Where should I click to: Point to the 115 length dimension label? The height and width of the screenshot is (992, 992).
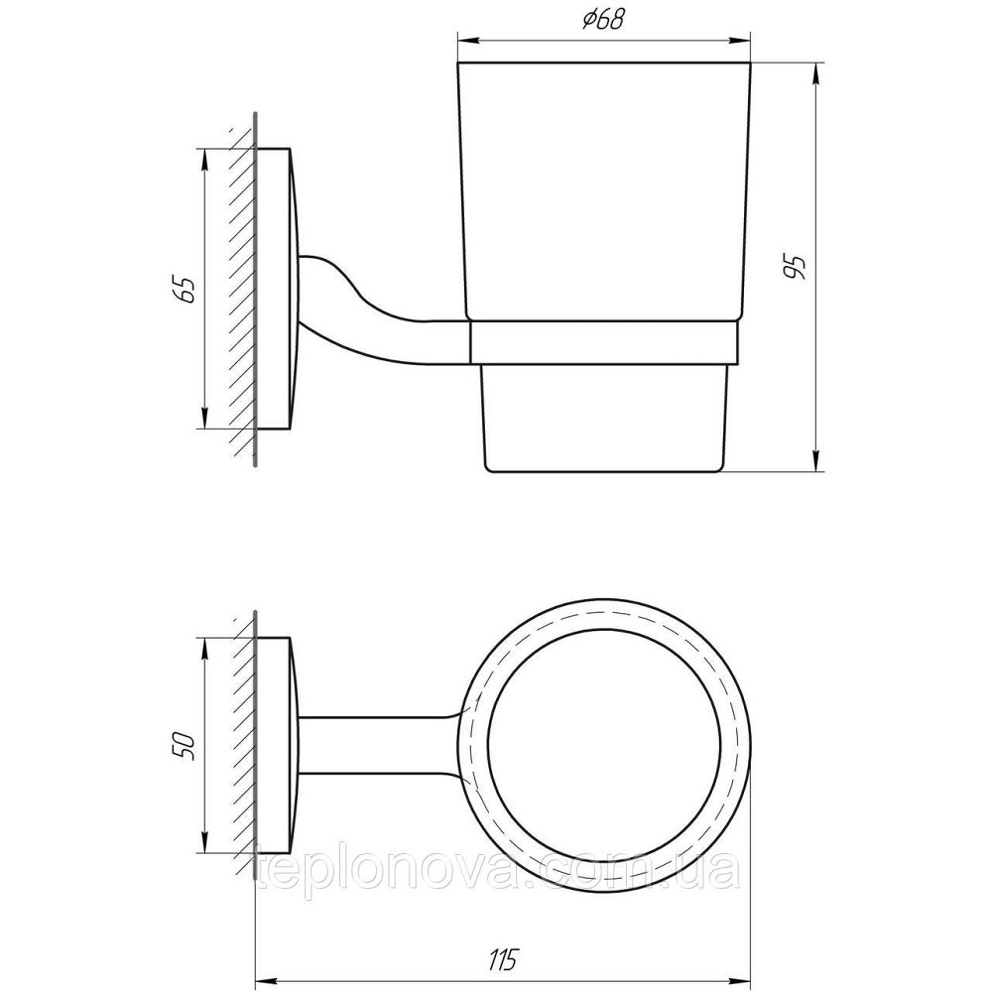click(504, 959)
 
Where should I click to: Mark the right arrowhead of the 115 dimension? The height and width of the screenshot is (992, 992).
click(741, 979)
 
